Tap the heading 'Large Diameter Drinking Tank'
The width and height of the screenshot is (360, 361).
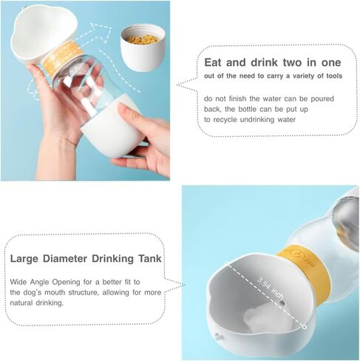pyautogui.click(x=86, y=259)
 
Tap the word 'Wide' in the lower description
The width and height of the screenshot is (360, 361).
pyautogui.click(x=20, y=283)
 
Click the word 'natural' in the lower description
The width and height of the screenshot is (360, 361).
pyautogui.click(x=25, y=303)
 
